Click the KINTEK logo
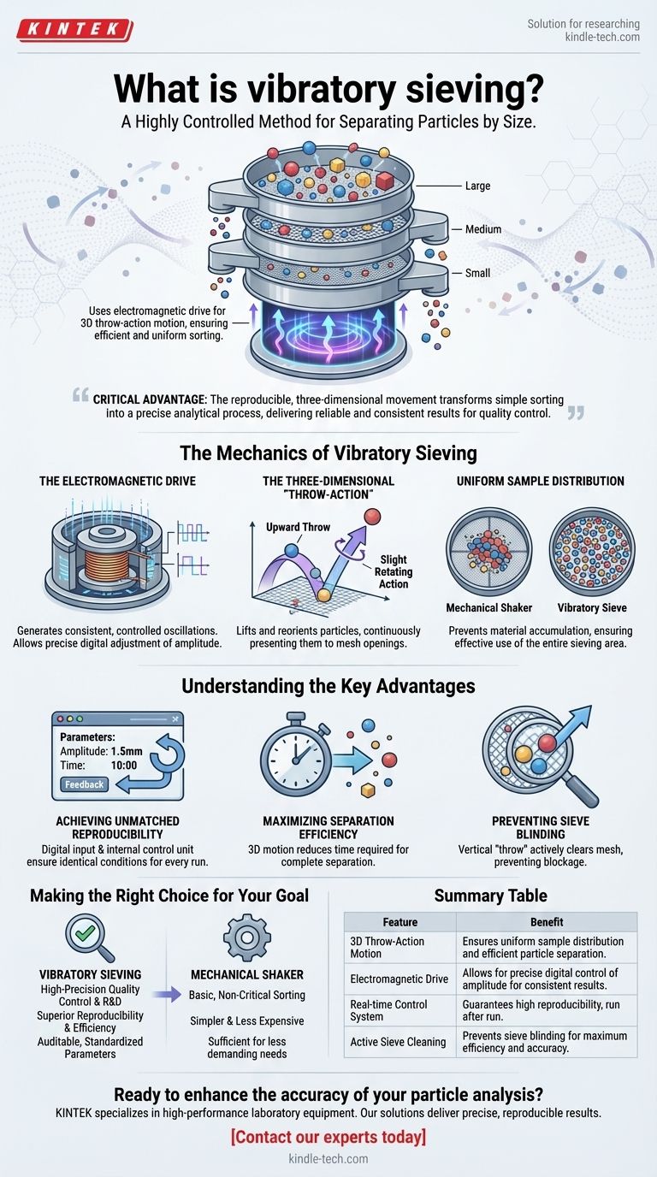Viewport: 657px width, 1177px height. click(74, 29)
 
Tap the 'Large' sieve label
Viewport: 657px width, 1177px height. click(477, 186)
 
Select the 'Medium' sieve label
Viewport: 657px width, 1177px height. click(483, 229)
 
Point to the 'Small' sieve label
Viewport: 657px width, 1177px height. click(477, 273)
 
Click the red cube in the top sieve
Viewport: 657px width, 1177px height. click(385, 180)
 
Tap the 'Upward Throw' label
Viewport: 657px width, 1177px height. click(298, 527)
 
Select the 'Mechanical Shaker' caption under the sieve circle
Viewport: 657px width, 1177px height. click(488, 607)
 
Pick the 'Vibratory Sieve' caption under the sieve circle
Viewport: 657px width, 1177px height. click(592, 607)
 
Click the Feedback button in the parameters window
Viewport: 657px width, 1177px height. click(84, 784)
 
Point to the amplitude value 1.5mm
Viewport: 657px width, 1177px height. click(126, 751)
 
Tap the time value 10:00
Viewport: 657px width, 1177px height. click(123, 765)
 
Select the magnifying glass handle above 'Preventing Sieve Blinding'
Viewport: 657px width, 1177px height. click(580, 790)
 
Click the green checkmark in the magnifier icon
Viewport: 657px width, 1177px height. click(86, 932)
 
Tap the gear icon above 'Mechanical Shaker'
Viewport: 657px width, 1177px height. click(246, 937)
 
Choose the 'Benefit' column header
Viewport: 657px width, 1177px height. click(547, 921)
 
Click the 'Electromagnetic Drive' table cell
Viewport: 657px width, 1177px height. click(399, 979)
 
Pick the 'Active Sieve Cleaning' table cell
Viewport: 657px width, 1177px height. click(398, 1042)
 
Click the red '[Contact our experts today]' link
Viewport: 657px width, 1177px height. click(328, 1137)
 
